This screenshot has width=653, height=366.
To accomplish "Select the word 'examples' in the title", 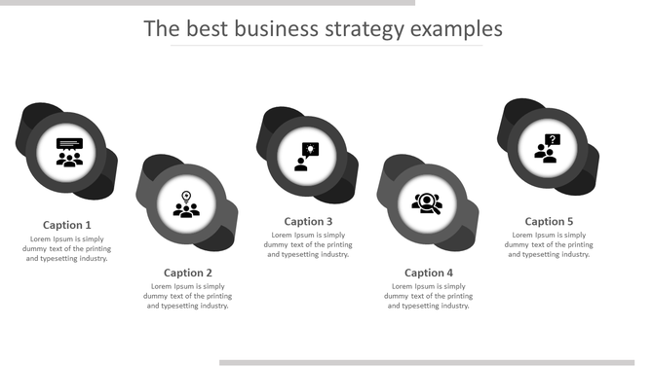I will tap(456, 29).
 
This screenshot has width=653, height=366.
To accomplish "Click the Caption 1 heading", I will tap(67, 225).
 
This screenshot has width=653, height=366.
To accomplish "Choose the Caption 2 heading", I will tap(188, 273).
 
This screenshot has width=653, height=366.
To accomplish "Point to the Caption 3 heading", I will tap(308, 221).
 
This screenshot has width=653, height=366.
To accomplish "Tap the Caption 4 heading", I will tap(429, 273).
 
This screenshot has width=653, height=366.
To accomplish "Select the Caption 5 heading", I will tap(549, 221).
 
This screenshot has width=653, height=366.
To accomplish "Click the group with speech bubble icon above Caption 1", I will tap(69, 153).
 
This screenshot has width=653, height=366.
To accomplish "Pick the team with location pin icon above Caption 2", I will tap(187, 204).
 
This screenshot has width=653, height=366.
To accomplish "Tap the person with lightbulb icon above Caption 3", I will tap(307, 157).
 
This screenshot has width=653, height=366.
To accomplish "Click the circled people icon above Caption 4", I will tap(427, 203).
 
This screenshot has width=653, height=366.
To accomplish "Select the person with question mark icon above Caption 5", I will tap(547, 148).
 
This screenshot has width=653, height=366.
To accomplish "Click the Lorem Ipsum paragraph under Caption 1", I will tap(67, 248).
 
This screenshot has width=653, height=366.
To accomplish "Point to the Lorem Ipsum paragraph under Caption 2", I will tap(188, 296).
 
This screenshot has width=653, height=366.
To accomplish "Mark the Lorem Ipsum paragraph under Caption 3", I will tap(308, 244).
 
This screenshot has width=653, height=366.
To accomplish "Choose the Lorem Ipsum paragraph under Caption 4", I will tap(429, 296).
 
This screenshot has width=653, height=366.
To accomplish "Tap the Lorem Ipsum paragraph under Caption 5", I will tap(549, 244).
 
